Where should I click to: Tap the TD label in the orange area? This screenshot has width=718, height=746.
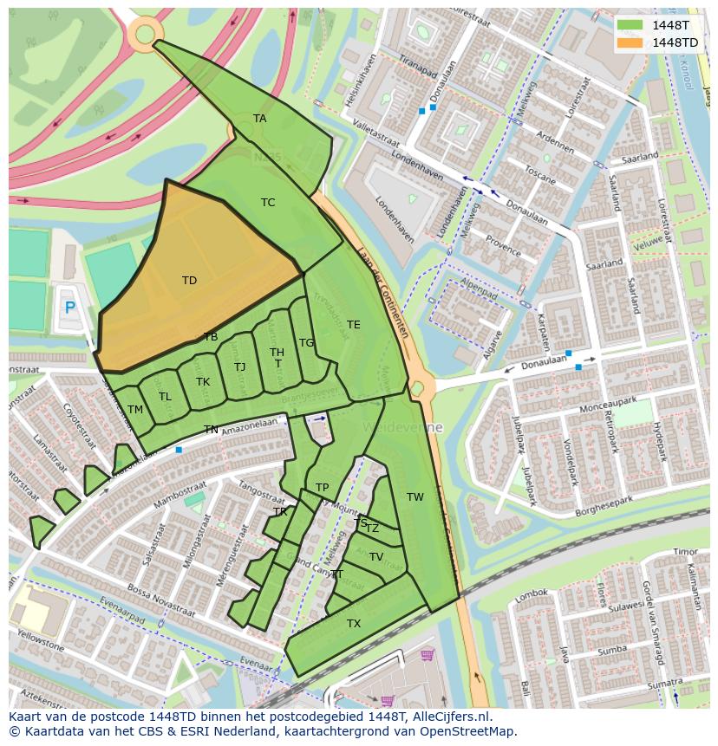[189, 280]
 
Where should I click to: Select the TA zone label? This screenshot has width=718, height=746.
[259, 119]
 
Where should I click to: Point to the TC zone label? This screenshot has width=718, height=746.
[268, 203]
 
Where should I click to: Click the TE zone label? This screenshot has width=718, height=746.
[353, 325]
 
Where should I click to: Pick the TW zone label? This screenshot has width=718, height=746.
[415, 497]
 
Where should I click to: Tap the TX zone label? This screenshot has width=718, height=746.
[354, 624]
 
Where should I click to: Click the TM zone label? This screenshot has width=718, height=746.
[135, 410]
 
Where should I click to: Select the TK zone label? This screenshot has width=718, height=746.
[203, 382]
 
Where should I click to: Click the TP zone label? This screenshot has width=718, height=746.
[323, 488]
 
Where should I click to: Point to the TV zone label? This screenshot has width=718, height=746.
[376, 557]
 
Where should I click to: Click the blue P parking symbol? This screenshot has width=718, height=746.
[70, 307]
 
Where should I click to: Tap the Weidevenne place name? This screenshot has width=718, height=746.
[403, 428]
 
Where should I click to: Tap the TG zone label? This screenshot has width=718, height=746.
[306, 343]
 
